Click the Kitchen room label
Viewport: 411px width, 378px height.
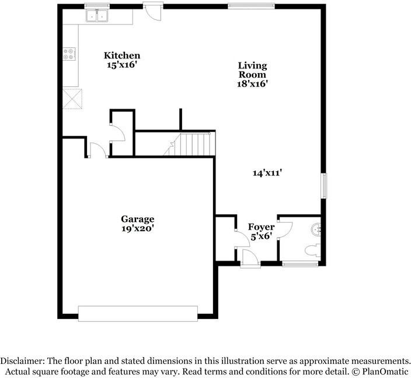click(x=122, y=56)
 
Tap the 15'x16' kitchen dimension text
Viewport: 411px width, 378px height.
click(x=122, y=65)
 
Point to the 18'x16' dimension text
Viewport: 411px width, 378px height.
click(x=252, y=84)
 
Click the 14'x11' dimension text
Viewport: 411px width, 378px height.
click(x=268, y=172)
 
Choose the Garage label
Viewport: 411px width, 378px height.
click(x=138, y=219)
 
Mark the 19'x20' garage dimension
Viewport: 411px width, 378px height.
click(x=138, y=229)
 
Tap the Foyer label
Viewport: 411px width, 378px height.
click(x=261, y=227)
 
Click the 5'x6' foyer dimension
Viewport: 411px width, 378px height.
click(x=261, y=236)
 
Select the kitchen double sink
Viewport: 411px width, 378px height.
click(x=97, y=16)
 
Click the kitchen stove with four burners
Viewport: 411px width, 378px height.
click(x=69, y=54)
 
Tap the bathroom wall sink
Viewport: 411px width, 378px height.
click(x=317, y=229)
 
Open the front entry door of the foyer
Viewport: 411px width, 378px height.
click(x=250, y=259)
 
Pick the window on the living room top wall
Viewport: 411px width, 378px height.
click(x=251, y=6)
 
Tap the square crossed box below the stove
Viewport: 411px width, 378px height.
click(x=73, y=98)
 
